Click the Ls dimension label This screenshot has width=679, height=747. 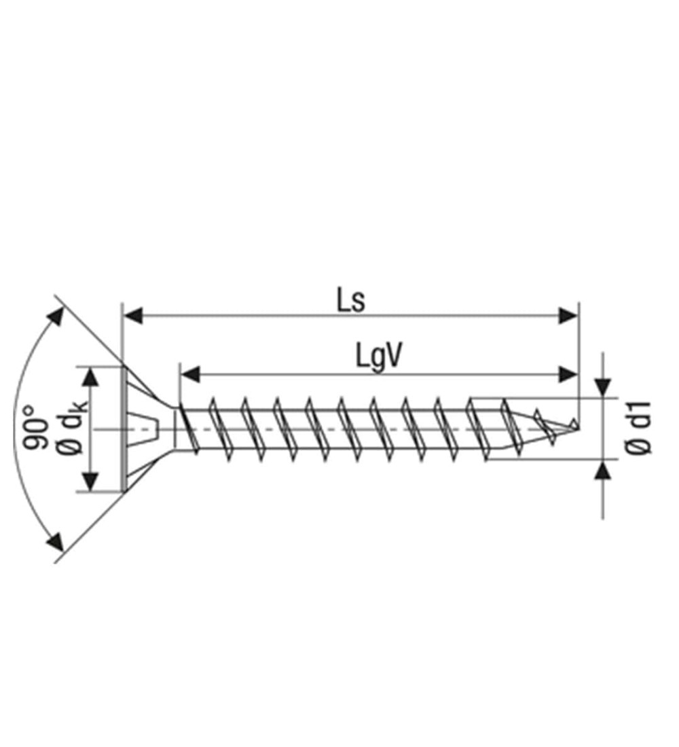351,301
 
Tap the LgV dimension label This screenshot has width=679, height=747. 379,357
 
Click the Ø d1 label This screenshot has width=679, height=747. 638,428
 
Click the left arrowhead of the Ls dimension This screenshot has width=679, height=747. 133,315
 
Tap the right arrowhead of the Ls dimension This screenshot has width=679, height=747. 568,315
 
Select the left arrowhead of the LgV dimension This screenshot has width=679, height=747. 190,374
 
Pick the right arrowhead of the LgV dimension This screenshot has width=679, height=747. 568,374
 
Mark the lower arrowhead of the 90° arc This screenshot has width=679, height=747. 56,541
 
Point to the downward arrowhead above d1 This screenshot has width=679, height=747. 603,387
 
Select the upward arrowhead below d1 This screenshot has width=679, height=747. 603,471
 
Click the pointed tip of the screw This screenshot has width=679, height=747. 579,429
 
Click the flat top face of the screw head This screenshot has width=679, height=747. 124,429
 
